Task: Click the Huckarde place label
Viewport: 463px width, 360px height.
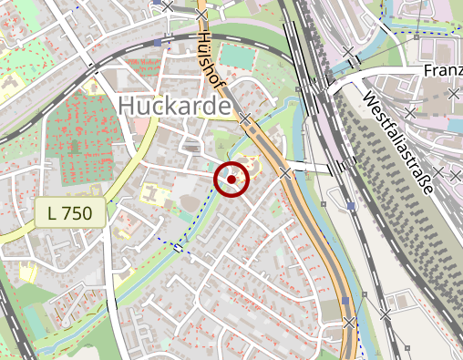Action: click(x=173, y=106)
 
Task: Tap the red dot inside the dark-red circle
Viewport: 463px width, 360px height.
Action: click(x=231, y=180)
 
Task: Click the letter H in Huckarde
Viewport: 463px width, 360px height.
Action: click(x=128, y=106)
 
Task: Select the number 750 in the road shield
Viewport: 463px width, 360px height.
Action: click(x=81, y=214)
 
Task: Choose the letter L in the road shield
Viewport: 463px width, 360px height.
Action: click(x=53, y=214)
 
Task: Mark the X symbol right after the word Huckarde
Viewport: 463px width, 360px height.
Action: click(x=245, y=118)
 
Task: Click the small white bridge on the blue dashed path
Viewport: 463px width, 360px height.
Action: click(x=178, y=246)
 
